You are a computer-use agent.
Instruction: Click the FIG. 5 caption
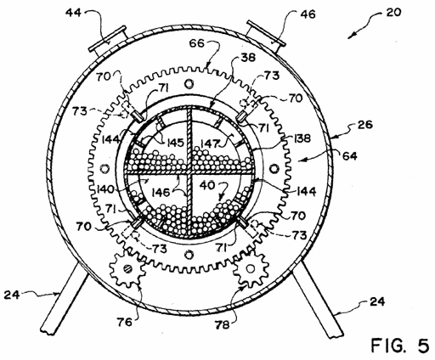[x=400, y=346]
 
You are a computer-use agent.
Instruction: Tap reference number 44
[x=73, y=13]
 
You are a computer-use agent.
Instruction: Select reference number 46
[x=308, y=14]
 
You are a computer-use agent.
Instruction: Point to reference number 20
[x=393, y=13]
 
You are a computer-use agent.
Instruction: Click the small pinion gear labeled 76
[x=127, y=269]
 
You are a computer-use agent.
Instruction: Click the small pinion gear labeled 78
[x=251, y=268]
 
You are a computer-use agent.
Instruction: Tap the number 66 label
[x=197, y=44]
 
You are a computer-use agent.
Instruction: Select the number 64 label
[x=350, y=155]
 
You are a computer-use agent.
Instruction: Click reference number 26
[x=365, y=124]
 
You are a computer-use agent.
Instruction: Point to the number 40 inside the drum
[x=207, y=185]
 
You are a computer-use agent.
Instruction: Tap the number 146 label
[x=161, y=193]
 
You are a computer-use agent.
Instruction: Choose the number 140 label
[x=106, y=188]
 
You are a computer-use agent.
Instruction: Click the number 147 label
[x=211, y=143]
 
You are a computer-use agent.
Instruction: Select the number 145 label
[x=173, y=142]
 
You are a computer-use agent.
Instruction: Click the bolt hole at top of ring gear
[x=189, y=83]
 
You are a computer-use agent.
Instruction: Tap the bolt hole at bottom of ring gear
[x=189, y=255]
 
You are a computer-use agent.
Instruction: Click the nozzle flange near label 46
[x=266, y=37]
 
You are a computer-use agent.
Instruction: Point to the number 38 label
[x=248, y=58]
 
